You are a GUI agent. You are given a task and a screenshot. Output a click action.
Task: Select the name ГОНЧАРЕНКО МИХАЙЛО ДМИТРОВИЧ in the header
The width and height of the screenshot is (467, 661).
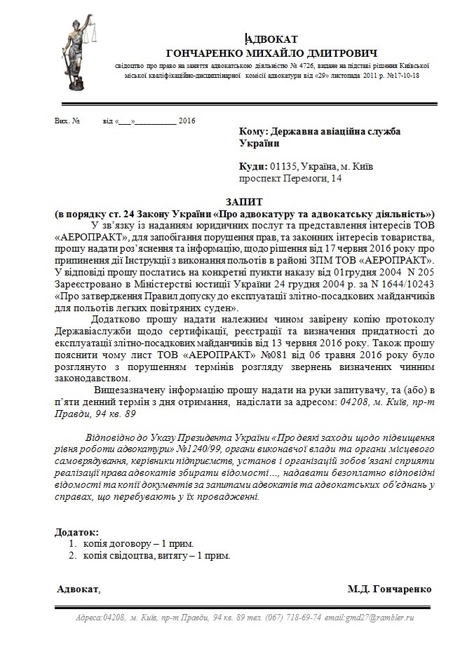(271, 53)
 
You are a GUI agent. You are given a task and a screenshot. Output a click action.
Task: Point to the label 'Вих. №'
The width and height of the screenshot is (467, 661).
(67, 121)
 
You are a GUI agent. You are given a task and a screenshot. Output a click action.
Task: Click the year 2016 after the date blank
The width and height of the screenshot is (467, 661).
(187, 121)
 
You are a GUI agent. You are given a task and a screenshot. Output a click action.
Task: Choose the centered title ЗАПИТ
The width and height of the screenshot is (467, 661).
(245, 201)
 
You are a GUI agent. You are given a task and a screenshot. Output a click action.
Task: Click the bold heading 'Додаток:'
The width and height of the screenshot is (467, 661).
(77, 532)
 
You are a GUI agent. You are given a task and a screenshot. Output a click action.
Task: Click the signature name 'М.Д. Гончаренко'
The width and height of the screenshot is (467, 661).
(389, 589)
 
